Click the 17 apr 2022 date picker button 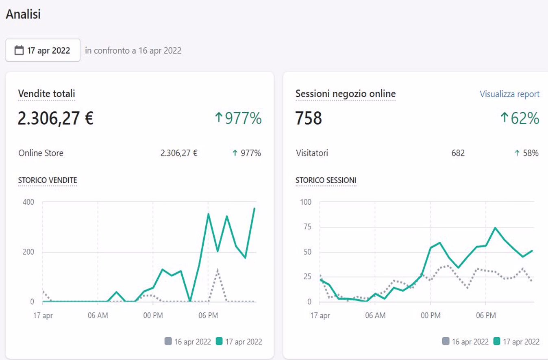coord(43,50)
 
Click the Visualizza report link coord(509,94)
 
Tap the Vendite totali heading coord(47,94)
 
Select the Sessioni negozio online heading coord(346,94)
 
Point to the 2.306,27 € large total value coord(56,118)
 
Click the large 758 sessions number coord(309,118)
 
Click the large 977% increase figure coord(238,118)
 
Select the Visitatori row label coord(312,153)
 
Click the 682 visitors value coord(458,153)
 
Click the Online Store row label coord(41,153)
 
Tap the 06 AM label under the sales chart coord(98,315)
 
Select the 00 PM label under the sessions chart coord(430,315)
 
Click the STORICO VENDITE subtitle coord(48,180)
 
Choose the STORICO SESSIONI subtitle coord(326,180)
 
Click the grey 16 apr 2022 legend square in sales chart coord(168,341)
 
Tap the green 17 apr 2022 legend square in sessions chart coord(497,341)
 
